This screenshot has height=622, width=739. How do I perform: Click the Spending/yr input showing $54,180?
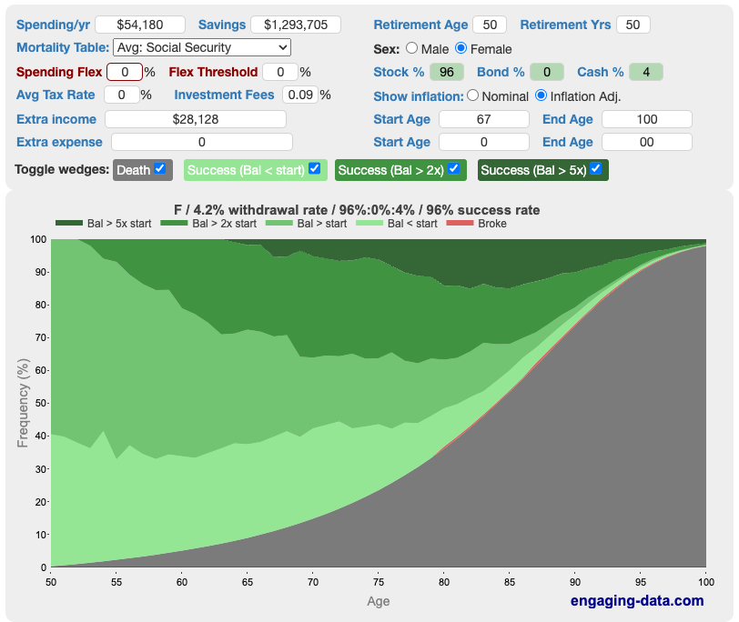(x=140, y=25)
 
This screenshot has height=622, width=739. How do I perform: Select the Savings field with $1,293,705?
(x=295, y=25)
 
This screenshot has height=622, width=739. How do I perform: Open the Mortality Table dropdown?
(x=202, y=47)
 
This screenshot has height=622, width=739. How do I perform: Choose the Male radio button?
(x=412, y=48)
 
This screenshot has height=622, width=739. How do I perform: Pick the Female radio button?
(x=461, y=48)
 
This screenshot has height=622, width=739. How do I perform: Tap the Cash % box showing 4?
(x=645, y=71)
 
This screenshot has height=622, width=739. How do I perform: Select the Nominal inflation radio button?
(x=472, y=95)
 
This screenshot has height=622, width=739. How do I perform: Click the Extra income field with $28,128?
(x=196, y=119)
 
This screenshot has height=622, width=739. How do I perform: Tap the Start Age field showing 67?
(x=483, y=119)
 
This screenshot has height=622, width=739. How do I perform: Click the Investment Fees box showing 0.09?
(x=299, y=95)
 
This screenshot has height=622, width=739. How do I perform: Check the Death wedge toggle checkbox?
(x=160, y=168)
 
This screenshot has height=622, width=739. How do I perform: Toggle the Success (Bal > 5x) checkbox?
(x=595, y=168)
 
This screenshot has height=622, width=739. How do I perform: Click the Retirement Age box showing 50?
(x=491, y=25)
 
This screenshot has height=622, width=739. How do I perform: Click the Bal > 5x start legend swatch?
(x=69, y=224)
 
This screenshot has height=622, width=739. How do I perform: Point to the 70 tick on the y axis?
(x=38, y=337)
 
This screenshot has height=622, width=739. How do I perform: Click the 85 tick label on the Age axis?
(x=510, y=581)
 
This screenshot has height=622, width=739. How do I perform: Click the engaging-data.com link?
(x=637, y=600)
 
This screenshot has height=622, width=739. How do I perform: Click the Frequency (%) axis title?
(x=23, y=403)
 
